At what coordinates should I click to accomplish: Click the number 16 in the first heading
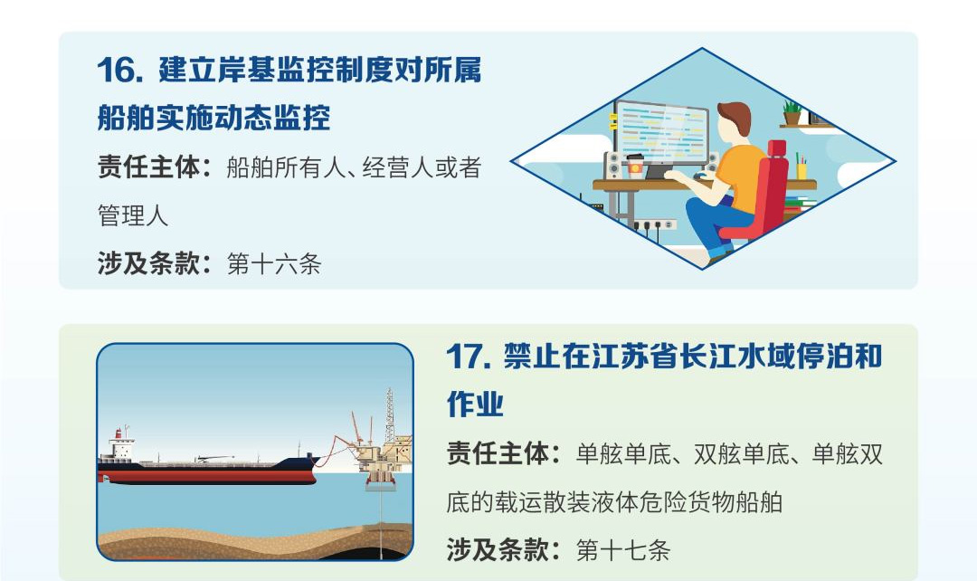click(117, 70)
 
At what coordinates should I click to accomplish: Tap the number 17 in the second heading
click(466, 357)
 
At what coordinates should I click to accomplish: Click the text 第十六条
click(274, 264)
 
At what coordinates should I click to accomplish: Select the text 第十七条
click(623, 550)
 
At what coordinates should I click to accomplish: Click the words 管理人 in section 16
click(133, 215)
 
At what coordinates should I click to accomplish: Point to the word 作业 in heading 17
click(476, 404)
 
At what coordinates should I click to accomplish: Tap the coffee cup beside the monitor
click(634, 166)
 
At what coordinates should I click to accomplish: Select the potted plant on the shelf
click(792, 113)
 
